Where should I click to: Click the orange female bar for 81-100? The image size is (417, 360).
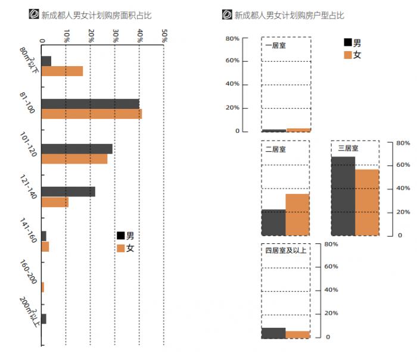click(x=91, y=114)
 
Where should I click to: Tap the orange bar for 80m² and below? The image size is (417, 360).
click(x=62, y=71)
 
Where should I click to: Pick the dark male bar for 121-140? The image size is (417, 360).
click(x=68, y=192)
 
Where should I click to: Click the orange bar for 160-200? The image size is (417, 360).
click(x=43, y=287)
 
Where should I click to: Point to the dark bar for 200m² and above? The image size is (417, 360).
click(x=43, y=319)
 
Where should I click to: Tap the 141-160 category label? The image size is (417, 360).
click(x=29, y=231)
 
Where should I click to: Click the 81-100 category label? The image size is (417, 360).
click(x=27, y=103)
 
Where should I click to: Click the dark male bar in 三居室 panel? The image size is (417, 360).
click(x=343, y=196)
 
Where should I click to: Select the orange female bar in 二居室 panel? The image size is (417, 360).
click(x=298, y=214)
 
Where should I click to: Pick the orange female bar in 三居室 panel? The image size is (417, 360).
click(x=367, y=202)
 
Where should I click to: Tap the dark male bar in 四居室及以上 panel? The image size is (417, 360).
click(x=273, y=333)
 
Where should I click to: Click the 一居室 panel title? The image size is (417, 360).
click(x=275, y=45)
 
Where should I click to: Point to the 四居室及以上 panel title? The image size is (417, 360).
click(x=285, y=251)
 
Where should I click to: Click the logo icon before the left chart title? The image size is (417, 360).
click(x=34, y=14)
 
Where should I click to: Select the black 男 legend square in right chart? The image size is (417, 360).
click(x=347, y=42)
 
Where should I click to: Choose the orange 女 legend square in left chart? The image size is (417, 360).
click(x=121, y=248)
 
